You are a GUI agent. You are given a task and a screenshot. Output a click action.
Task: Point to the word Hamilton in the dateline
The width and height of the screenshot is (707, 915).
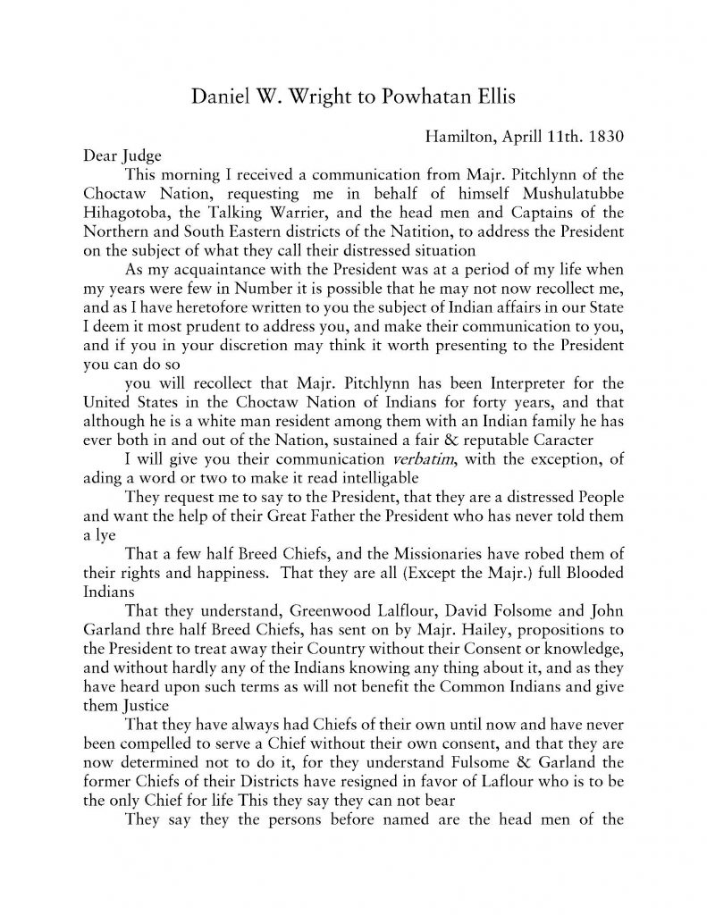[x=456, y=137]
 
